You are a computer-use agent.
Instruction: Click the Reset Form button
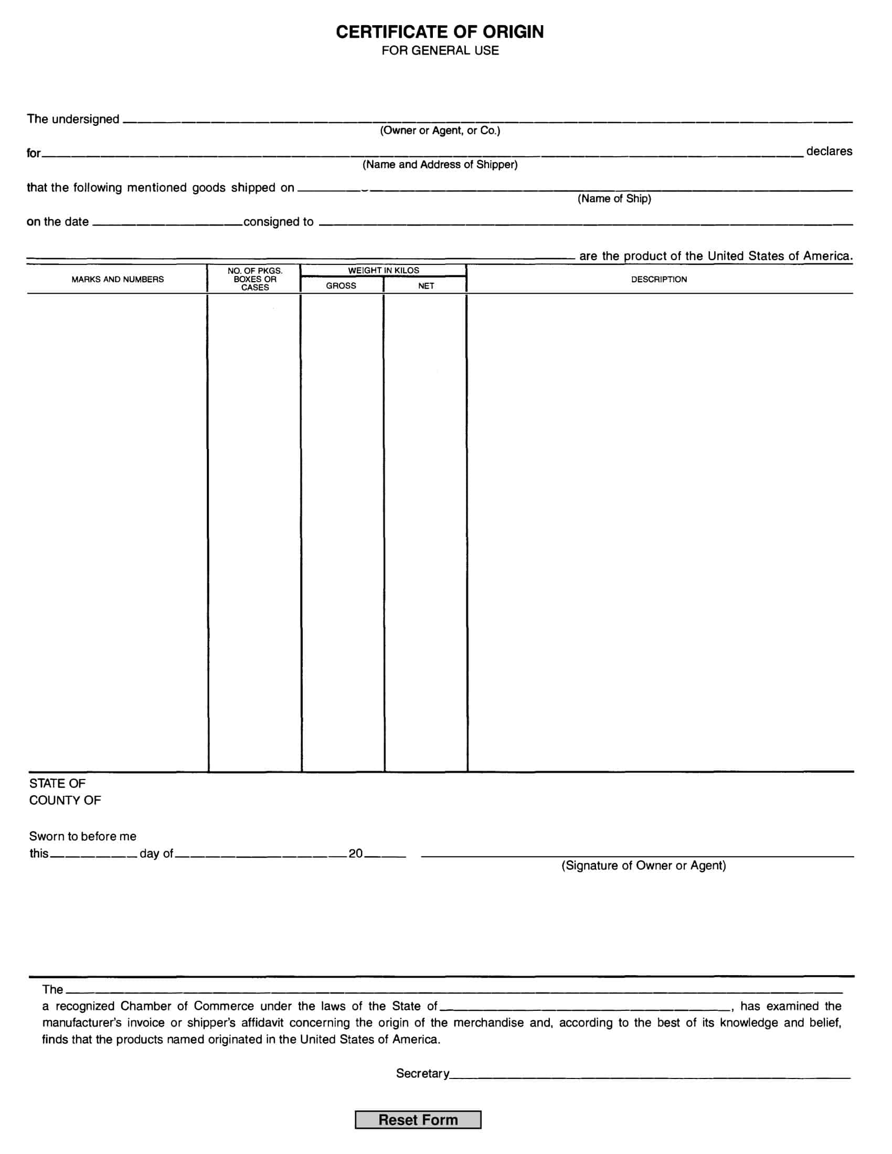(x=418, y=1120)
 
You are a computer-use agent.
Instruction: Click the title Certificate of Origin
(x=440, y=32)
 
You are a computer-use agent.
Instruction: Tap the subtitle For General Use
(x=440, y=51)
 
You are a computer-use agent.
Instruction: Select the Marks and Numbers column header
(x=118, y=280)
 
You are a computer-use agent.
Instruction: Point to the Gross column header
(x=341, y=286)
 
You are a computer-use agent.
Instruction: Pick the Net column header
(x=426, y=286)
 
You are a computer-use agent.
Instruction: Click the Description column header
(x=659, y=280)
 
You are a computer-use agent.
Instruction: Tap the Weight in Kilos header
(x=383, y=271)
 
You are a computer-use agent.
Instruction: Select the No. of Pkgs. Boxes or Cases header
(x=254, y=279)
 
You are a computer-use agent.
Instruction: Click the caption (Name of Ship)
(x=614, y=199)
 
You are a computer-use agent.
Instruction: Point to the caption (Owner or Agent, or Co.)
(x=440, y=131)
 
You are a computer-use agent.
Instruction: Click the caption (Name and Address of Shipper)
(x=440, y=165)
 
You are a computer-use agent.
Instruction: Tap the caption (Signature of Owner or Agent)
(x=643, y=865)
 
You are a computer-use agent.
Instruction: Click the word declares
(x=829, y=152)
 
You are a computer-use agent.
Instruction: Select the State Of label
(x=57, y=784)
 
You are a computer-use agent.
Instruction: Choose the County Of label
(x=65, y=800)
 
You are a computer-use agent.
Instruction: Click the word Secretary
(x=422, y=1073)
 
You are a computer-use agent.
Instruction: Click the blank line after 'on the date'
(x=166, y=224)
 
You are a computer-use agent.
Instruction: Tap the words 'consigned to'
(x=279, y=222)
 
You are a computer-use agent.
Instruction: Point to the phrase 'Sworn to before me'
(x=82, y=837)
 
